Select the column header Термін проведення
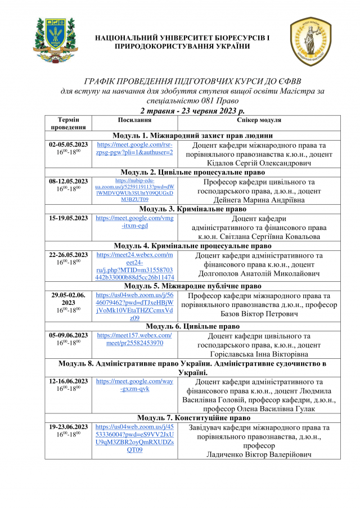[x=68, y=124]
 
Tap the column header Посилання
[x=134, y=120]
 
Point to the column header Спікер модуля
[x=259, y=120]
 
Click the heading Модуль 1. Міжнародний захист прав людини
[x=192, y=136]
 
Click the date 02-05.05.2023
[x=69, y=145]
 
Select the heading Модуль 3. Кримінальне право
[x=192, y=209]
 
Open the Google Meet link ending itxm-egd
[x=135, y=222]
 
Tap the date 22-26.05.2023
[x=69, y=255]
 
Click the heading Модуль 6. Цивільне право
[x=192, y=326]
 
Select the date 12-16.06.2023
[x=69, y=381]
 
